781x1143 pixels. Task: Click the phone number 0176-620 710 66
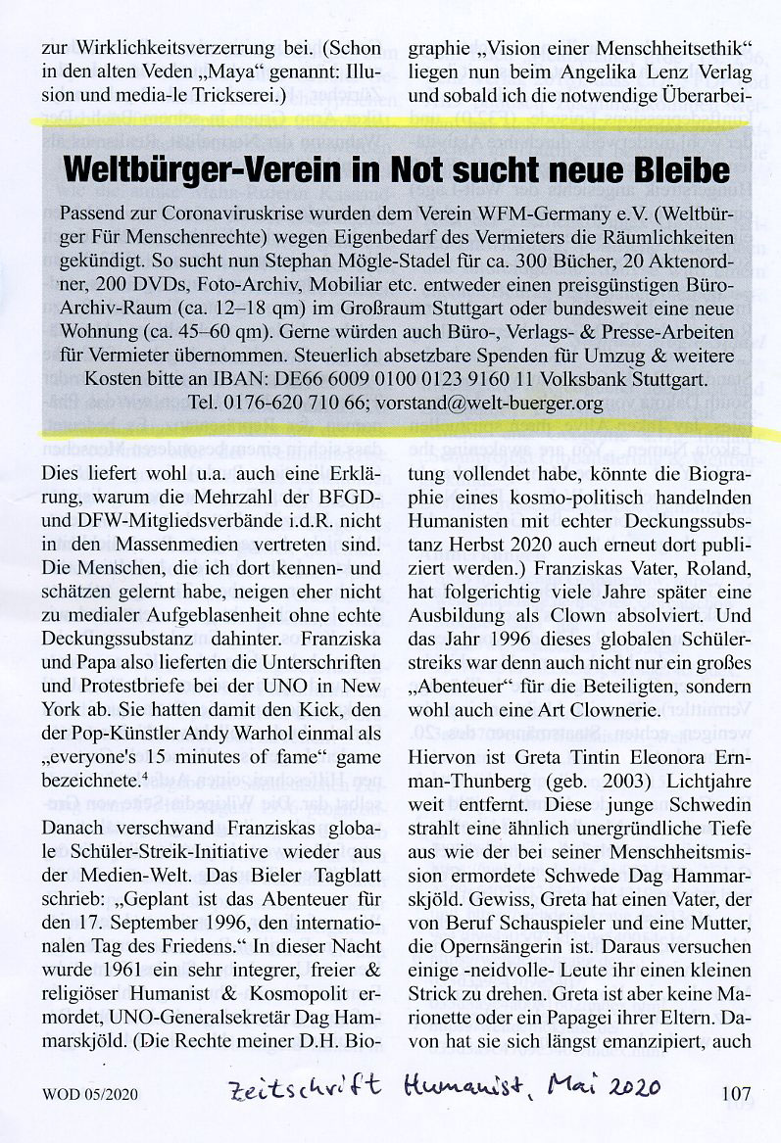pos(291,403)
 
